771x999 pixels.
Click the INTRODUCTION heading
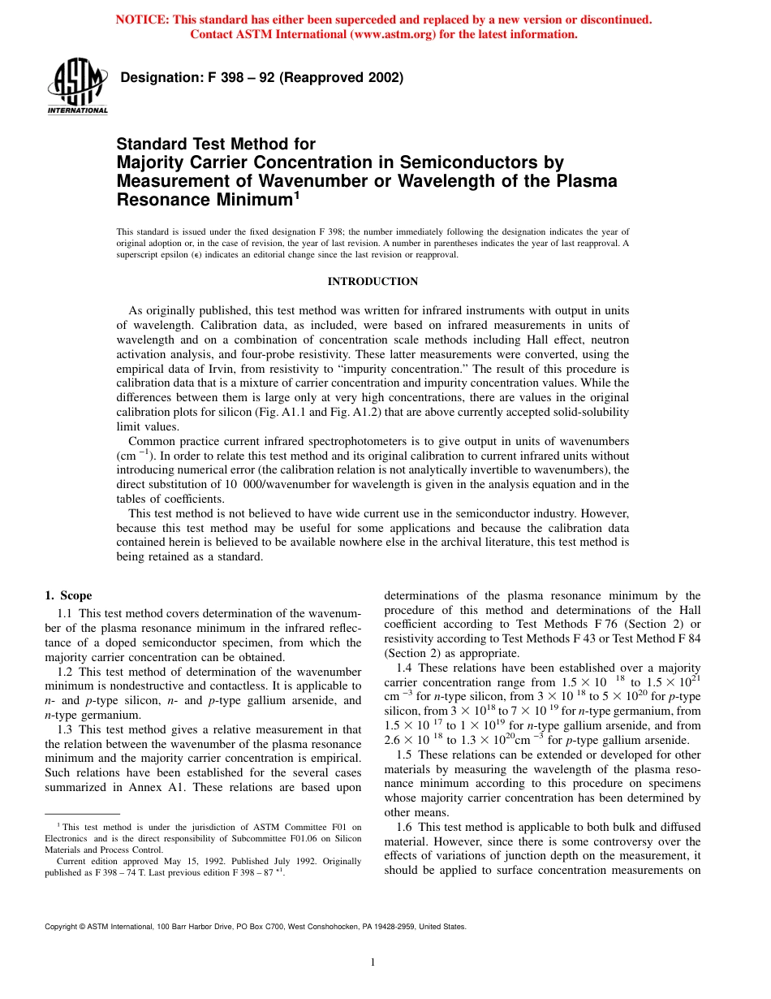pyautogui.click(x=373, y=282)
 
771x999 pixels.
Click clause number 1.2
pyautogui.click(x=66, y=672)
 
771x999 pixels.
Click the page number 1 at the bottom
pyautogui.click(x=373, y=962)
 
